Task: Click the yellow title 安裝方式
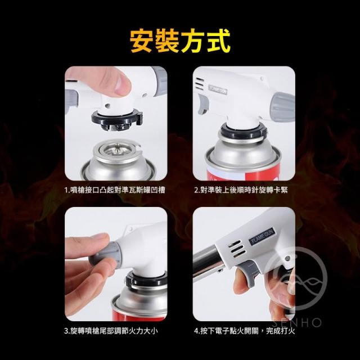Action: [180, 41]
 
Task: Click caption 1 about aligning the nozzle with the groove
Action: [115, 190]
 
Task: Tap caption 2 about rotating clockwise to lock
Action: [241, 190]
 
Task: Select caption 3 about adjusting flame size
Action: [111, 331]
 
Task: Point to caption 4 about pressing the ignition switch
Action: [244, 331]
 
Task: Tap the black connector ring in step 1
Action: [117, 119]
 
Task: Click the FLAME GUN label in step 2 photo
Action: [218, 89]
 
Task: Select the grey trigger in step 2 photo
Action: [202, 103]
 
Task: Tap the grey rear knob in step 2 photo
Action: [283, 107]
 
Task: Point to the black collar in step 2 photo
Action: [244, 133]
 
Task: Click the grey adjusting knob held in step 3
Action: [105, 255]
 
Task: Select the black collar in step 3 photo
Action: [146, 280]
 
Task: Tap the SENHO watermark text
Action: [296, 322]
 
